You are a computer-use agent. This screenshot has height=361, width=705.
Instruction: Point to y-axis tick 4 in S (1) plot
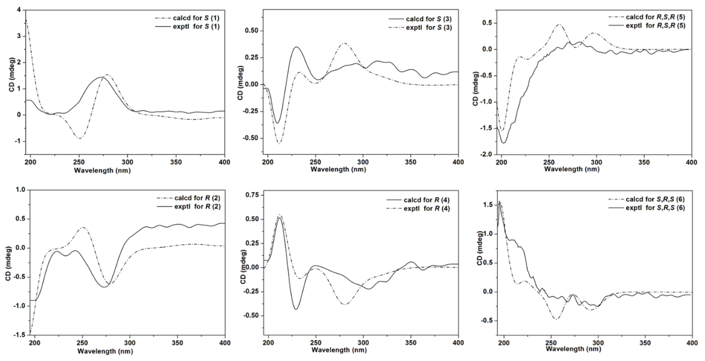point(19,10)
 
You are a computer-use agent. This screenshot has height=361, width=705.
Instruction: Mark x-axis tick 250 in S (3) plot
point(316,162)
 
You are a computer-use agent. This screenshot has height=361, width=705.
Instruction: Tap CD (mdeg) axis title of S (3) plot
point(240,83)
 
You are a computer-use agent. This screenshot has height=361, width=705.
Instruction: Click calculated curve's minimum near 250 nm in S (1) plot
point(79,138)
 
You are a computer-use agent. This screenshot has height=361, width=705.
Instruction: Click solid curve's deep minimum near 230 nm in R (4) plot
point(296,309)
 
